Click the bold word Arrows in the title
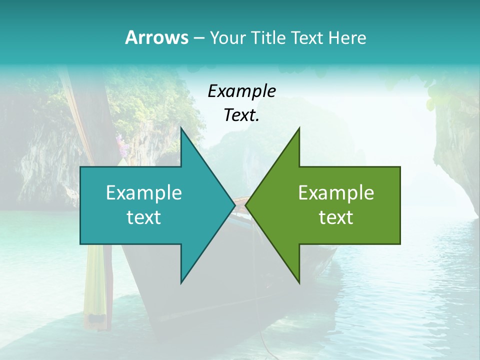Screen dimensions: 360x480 pyautogui.click(x=156, y=37)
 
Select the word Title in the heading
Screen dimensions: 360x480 pyautogui.click(x=268, y=38)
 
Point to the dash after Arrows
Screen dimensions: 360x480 pyautogui.click(x=198, y=38)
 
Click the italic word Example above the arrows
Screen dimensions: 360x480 pyautogui.click(x=241, y=91)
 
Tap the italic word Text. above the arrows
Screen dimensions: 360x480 pyautogui.click(x=241, y=115)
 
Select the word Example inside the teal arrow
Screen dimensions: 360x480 pyautogui.click(x=144, y=193)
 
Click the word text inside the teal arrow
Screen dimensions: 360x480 pyautogui.click(x=144, y=217)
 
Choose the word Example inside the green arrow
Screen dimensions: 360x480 pyautogui.click(x=336, y=193)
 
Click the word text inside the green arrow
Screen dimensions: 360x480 pyautogui.click(x=336, y=217)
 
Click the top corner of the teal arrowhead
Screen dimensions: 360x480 pyautogui.click(x=181, y=129)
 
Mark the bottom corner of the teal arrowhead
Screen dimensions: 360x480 pyautogui.click(x=181, y=282)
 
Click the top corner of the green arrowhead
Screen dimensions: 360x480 pyautogui.click(x=299, y=129)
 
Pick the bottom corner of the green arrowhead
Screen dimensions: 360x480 pyautogui.click(x=299, y=282)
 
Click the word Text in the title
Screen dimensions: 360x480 pyautogui.click(x=307, y=38)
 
